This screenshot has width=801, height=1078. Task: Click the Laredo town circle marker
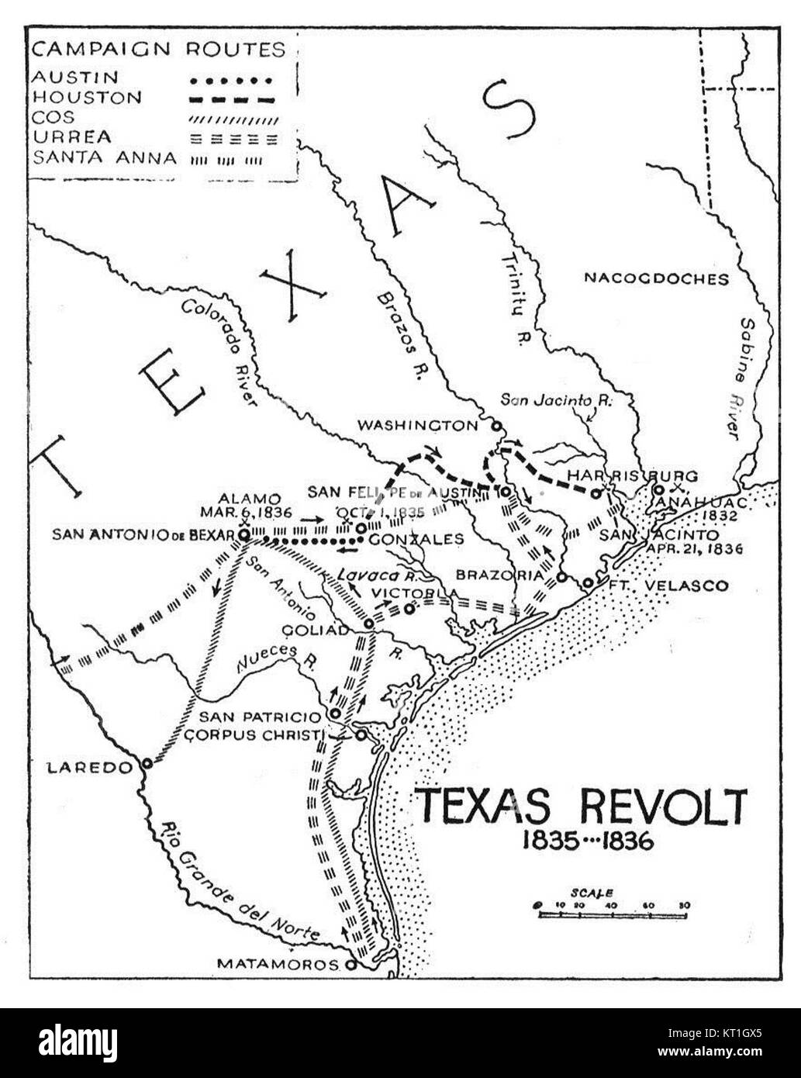[147, 764]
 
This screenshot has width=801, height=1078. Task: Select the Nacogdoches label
[656, 278]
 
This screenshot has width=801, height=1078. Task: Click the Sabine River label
[750, 379]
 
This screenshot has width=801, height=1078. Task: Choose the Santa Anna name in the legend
[104, 158]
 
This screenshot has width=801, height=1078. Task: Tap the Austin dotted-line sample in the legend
[233, 79]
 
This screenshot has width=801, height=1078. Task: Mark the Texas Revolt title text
[581, 807]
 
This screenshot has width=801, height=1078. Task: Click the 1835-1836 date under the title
[587, 841]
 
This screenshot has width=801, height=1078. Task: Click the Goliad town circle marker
[370, 623]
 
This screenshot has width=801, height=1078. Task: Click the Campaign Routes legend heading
[159, 50]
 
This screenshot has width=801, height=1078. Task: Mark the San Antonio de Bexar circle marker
[243, 535]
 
